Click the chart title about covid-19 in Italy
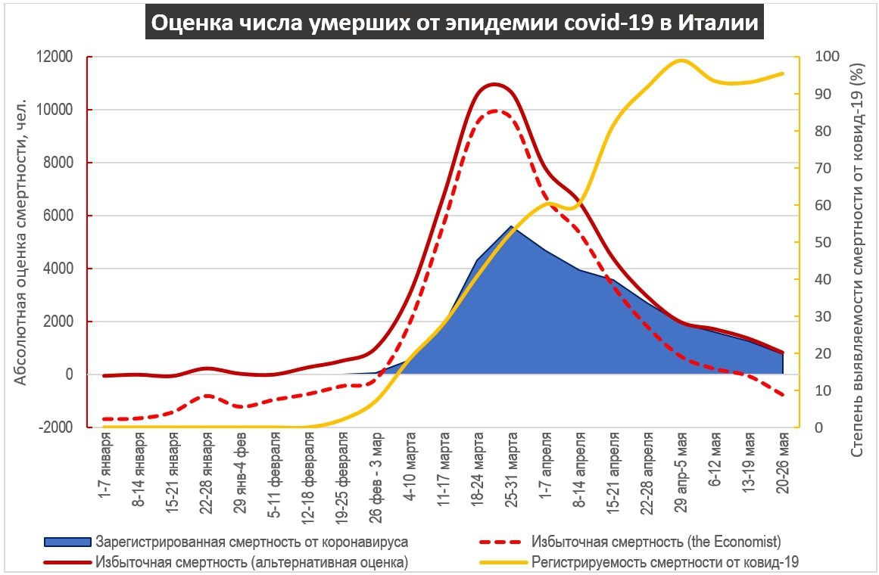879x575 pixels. [454, 23]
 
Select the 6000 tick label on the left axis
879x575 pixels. [58, 216]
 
